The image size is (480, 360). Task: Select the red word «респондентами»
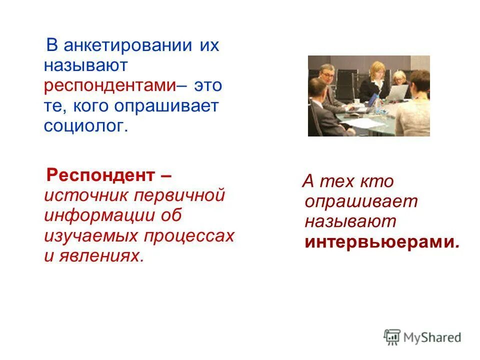pos(109,85)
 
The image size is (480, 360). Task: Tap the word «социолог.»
pos(86,126)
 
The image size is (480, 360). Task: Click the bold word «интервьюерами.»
pos(382,241)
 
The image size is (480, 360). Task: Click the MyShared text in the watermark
pos(432,337)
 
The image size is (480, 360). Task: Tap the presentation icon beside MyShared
pos(392,337)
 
